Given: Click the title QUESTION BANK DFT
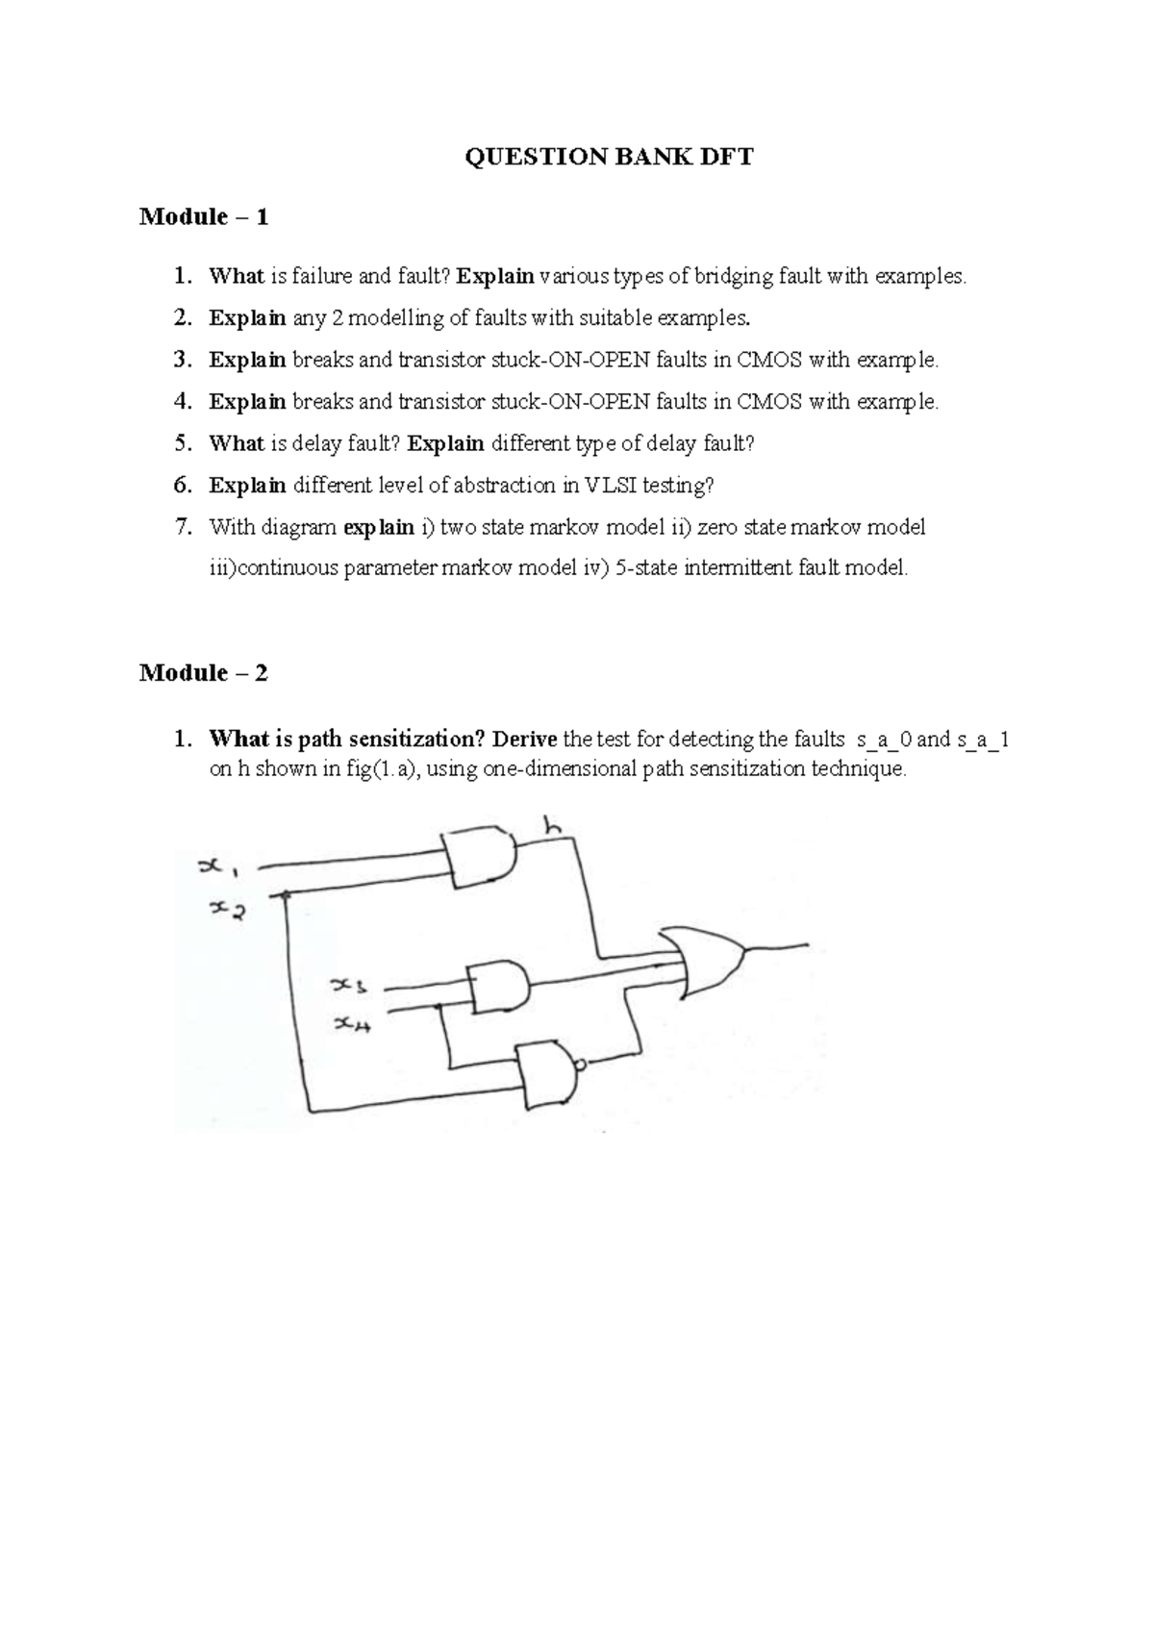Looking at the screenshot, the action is click(610, 157).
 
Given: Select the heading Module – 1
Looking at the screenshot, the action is click(204, 216).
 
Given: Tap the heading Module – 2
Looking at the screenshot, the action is click(204, 672).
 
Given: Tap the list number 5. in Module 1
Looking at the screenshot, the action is click(183, 443).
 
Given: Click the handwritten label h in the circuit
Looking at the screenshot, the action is click(554, 826).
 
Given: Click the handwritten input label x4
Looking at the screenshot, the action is click(353, 1024).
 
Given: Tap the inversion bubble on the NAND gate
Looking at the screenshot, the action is click(580, 1066).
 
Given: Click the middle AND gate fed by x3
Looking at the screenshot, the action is click(500, 987).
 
